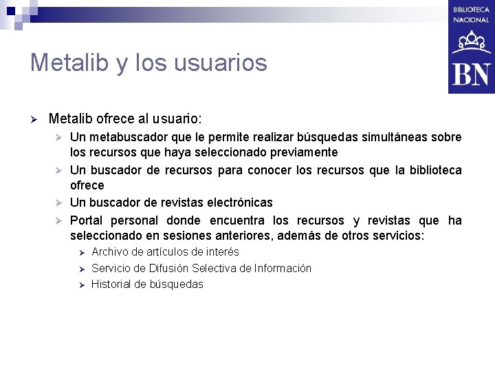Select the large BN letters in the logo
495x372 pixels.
tap(471, 74)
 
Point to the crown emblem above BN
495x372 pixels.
tap(471, 43)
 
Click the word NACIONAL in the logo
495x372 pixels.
tap(471, 20)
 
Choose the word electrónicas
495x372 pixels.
tap(234, 203)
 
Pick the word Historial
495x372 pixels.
tap(113, 284)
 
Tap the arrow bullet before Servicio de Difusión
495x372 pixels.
tap(81, 269)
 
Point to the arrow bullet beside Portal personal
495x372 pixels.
tap(60, 221)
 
